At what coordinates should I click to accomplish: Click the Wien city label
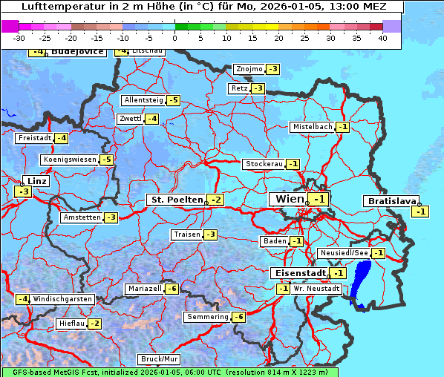(x=290, y=199)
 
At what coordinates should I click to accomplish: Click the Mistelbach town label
(x=312, y=127)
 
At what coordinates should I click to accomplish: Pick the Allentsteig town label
(x=143, y=100)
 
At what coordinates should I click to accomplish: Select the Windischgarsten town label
(x=62, y=298)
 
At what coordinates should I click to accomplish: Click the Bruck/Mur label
(x=160, y=359)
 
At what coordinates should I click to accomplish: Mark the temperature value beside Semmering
(x=238, y=317)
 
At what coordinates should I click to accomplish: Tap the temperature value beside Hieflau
(x=94, y=324)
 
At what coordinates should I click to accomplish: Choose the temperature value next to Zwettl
(x=151, y=119)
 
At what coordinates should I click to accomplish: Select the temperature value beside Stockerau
(x=293, y=164)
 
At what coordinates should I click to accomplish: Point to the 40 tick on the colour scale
(x=382, y=38)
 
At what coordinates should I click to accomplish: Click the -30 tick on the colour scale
(x=19, y=38)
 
